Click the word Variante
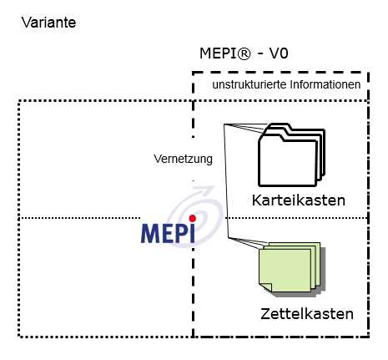pos(48,23)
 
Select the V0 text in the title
pos(279,53)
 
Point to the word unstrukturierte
pos(249,84)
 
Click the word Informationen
pos(325,84)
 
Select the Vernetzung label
pos(183,159)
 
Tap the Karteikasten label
pos(299,200)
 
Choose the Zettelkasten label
pos(307,314)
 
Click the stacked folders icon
pos(291,155)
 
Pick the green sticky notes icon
pos(292,268)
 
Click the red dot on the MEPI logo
pos(192,218)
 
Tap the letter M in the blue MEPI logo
pos(150,233)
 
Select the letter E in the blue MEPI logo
pos(168,233)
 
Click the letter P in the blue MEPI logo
pos(182,233)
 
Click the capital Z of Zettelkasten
pos(265,314)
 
